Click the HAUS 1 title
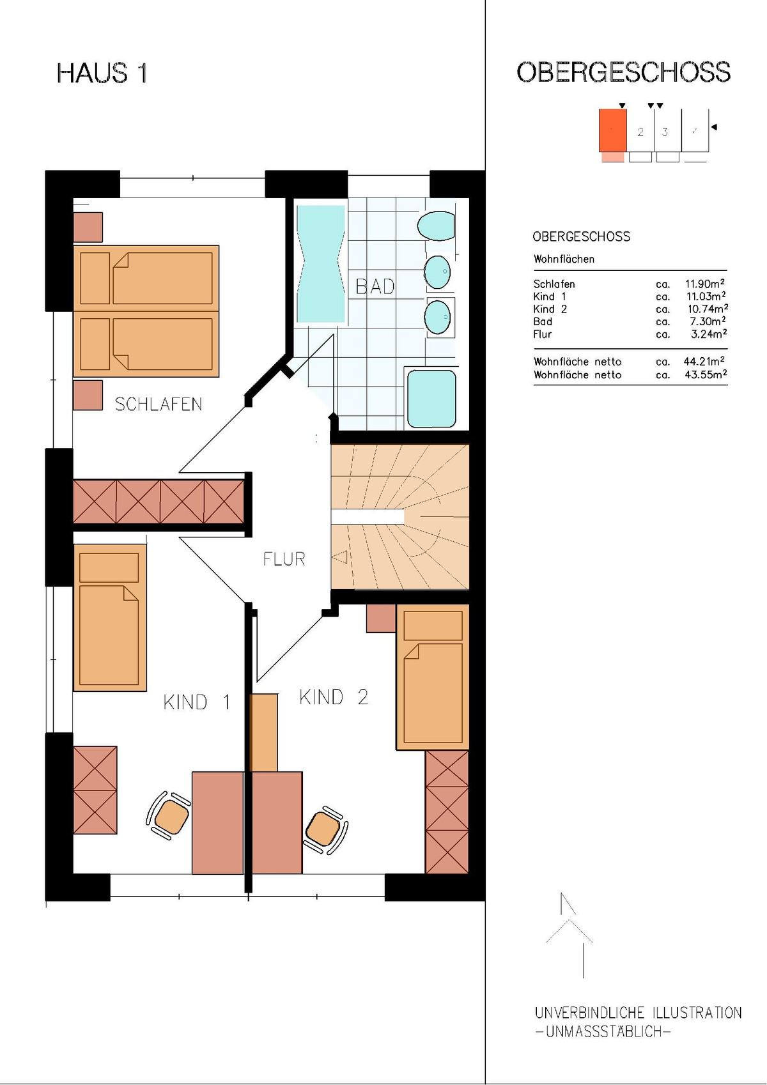pyautogui.click(x=102, y=73)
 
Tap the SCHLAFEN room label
pyautogui.click(x=159, y=404)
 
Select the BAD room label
pyautogui.click(x=375, y=287)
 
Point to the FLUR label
pyautogui.click(x=284, y=560)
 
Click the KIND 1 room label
pyautogui.click(x=196, y=702)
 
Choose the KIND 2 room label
pyautogui.click(x=334, y=698)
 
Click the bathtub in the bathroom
pyautogui.click(x=321, y=264)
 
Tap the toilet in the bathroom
pyautogui.click(x=436, y=226)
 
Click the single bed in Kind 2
pyautogui.click(x=433, y=677)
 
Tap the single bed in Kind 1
pyautogui.click(x=110, y=617)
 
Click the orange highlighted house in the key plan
pyautogui.click(x=613, y=131)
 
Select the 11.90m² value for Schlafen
pyautogui.click(x=705, y=283)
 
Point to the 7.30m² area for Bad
pyautogui.click(x=708, y=321)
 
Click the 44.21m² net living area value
pyautogui.click(x=704, y=361)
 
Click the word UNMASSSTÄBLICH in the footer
pyautogui.click(x=605, y=1032)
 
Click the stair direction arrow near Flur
pyautogui.click(x=339, y=557)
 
